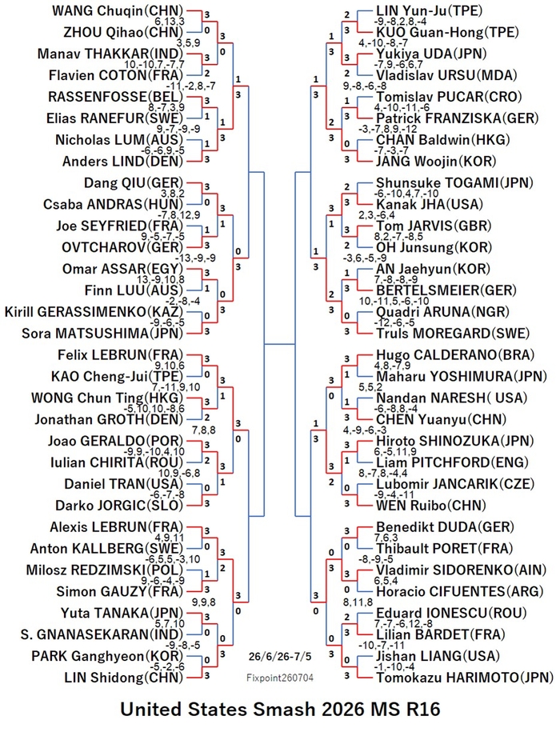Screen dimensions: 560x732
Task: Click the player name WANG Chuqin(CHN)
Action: (117, 10)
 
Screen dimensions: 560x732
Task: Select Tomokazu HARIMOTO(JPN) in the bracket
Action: (465, 678)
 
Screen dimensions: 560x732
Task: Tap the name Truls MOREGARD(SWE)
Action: (453, 334)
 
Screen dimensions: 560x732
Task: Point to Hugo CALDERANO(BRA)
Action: (455, 354)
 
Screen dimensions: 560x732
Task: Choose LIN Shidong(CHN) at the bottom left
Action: (124, 678)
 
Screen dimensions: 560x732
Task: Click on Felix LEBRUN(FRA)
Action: (120, 354)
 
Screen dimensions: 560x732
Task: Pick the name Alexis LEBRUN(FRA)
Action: (117, 527)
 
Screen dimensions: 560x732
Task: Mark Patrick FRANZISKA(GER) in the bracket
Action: (458, 118)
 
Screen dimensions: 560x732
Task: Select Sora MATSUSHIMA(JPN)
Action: (102, 334)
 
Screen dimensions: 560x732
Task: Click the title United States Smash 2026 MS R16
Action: (280, 710)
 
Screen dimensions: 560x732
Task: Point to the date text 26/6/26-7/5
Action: (280, 656)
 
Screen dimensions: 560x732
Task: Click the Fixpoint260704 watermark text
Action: (280, 678)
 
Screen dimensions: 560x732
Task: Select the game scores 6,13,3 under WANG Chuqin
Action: (170, 22)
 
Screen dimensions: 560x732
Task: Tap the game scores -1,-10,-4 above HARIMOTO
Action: (394, 666)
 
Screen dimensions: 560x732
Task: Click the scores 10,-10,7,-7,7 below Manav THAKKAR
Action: (154, 65)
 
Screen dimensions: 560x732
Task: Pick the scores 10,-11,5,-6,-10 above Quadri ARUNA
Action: (394, 301)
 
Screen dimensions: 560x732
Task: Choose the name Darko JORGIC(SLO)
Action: (119, 506)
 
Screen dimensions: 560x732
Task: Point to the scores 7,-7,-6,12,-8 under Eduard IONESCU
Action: (403, 624)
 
